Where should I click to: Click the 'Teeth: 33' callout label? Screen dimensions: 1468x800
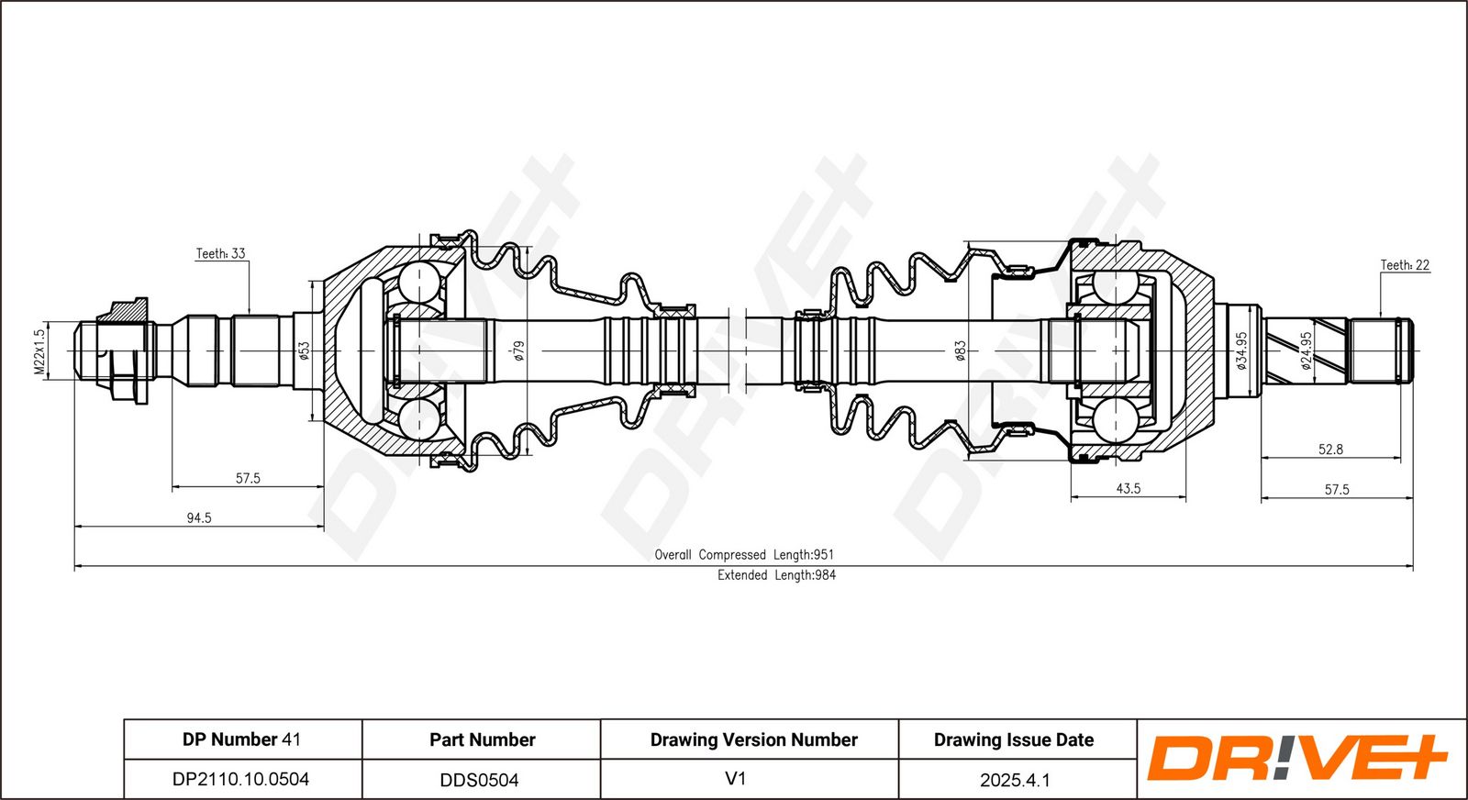pyautogui.click(x=221, y=253)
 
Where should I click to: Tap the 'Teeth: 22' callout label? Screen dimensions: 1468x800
pyautogui.click(x=1405, y=265)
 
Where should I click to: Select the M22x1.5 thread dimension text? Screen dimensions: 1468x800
pyautogui.click(x=39, y=351)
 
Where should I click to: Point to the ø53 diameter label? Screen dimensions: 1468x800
pyautogui.click(x=304, y=351)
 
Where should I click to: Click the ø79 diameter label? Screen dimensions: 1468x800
pyautogui.click(x=519, y=351)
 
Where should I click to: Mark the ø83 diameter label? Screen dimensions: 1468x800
pyautogui.click(x=961, y=351)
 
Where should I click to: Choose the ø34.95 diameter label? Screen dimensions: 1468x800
pyautogui.click(x=1241, y=351)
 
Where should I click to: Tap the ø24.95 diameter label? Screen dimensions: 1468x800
pyautogui.click(x=1307, y=351)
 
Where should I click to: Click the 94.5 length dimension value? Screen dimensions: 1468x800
pyautogui.click(x=199, y=518)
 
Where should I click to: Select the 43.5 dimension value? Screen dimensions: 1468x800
pyautogui.click(x=1129, y=489)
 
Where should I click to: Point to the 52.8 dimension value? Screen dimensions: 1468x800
pyautogui.click(x=1331, y=450)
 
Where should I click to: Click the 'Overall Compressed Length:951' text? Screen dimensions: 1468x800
pyautogui.click(x=744, y=555)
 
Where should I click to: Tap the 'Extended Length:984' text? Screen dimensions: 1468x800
pyautogui.click(x=776, y=575)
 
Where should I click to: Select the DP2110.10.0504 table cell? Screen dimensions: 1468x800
pyautogui.click(x=240, y=779)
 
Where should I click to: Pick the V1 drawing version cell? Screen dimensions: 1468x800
pyautogui.click(x=735, y=778)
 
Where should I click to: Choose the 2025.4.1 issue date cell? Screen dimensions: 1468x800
pyautogui.click(x=1015, y=780)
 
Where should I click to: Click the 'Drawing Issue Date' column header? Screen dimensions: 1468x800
pyautogui.click(x=1014, y=739)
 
